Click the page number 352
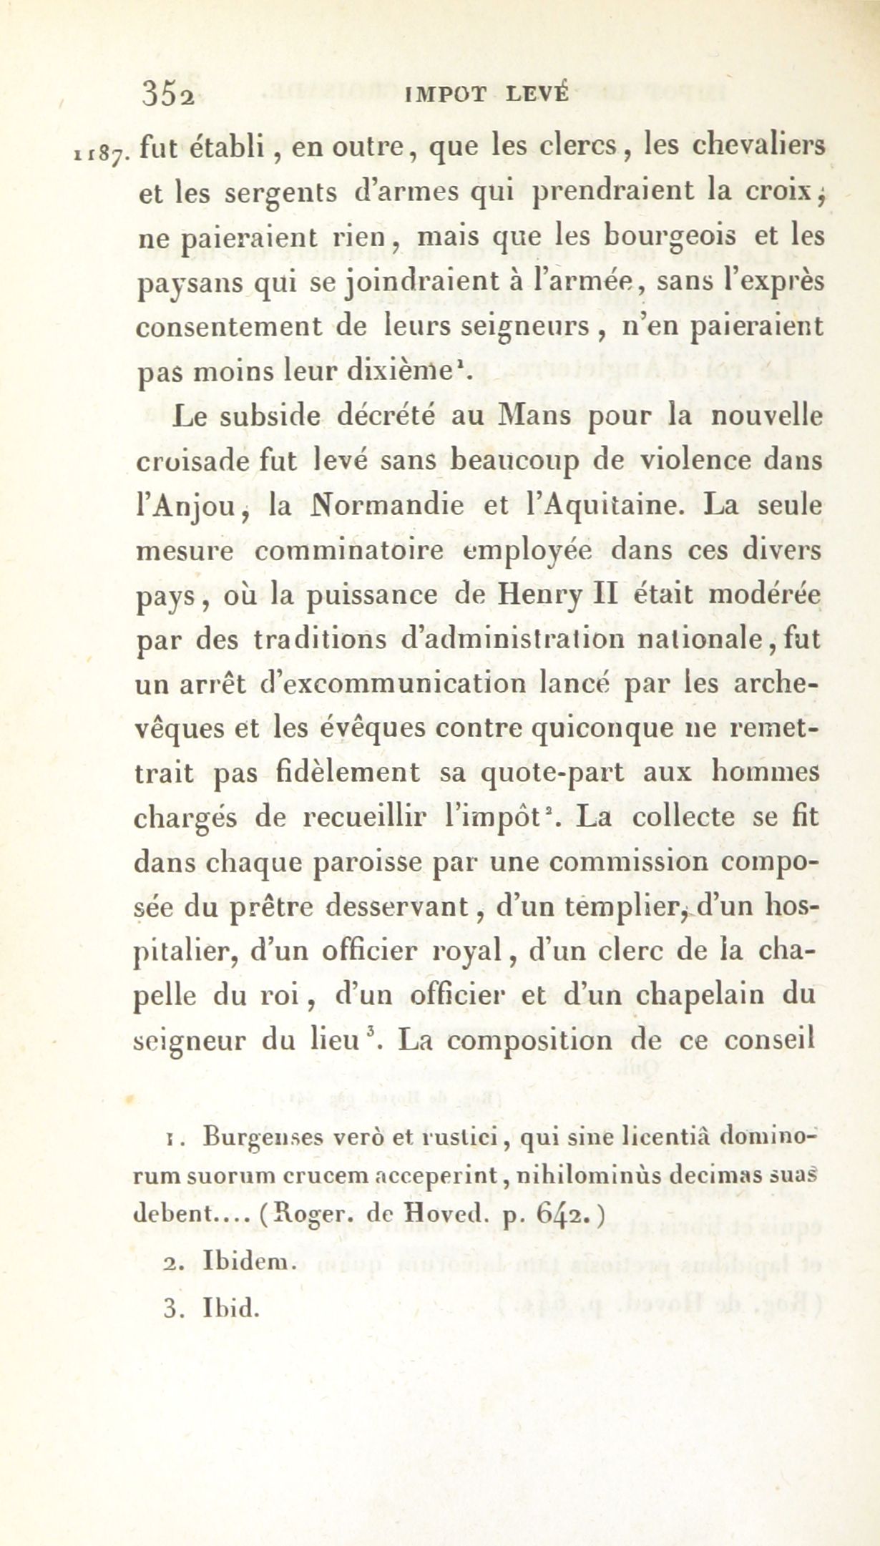(x=169, y=94)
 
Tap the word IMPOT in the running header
(x=446, y=95)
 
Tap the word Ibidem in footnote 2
(x=245, y=1260)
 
